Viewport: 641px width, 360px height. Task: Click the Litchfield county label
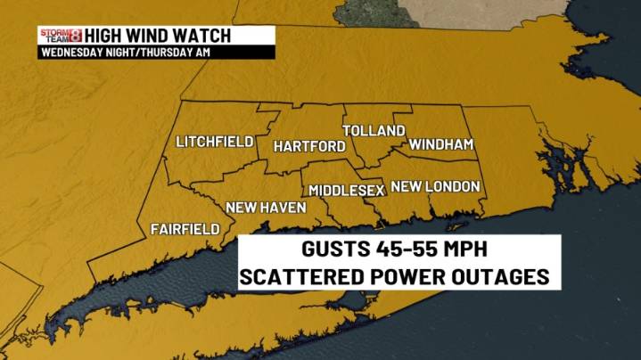[215, 143]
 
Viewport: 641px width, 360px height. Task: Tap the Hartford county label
[309, 146]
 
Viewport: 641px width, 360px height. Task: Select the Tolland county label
[374, 131]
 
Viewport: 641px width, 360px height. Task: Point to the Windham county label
[440, 144]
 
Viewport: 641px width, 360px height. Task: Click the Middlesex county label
[347, 191]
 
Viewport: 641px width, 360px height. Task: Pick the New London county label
[436, 187]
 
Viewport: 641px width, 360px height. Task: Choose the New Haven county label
[266, 208]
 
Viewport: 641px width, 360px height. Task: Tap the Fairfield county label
[185, 229]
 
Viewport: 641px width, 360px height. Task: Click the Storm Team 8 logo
[60, 36]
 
